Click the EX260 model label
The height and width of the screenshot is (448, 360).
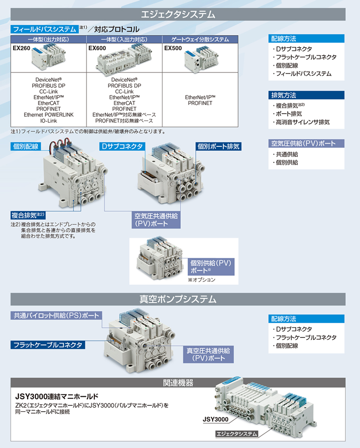[21, 48]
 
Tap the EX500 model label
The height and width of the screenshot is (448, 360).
[173, 48]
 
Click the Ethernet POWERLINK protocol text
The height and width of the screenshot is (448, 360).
[49, 115]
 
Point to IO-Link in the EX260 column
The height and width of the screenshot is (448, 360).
[49, 121]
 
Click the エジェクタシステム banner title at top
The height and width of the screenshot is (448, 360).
[178, 14]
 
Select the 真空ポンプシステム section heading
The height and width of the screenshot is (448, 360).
[178, 299]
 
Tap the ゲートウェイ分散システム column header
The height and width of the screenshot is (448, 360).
[200, 40]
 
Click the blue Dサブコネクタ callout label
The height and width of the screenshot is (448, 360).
[122, 146]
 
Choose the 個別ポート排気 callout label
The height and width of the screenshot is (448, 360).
[218, 146]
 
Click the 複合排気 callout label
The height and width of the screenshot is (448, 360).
[28, 215]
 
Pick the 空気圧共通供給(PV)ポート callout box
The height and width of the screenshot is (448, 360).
[156, 220]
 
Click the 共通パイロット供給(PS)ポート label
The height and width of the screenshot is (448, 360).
[56, 316]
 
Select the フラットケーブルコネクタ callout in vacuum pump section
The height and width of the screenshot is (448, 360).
[48, 345]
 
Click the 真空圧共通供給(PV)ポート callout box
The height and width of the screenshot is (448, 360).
[208, 354]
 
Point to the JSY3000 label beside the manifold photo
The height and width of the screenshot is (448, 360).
[216, 419]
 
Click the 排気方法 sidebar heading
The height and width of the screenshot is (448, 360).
[284, 95]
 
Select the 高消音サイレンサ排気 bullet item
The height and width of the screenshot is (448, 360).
[302, 122]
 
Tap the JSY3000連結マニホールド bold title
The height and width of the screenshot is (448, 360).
[57, 397]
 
